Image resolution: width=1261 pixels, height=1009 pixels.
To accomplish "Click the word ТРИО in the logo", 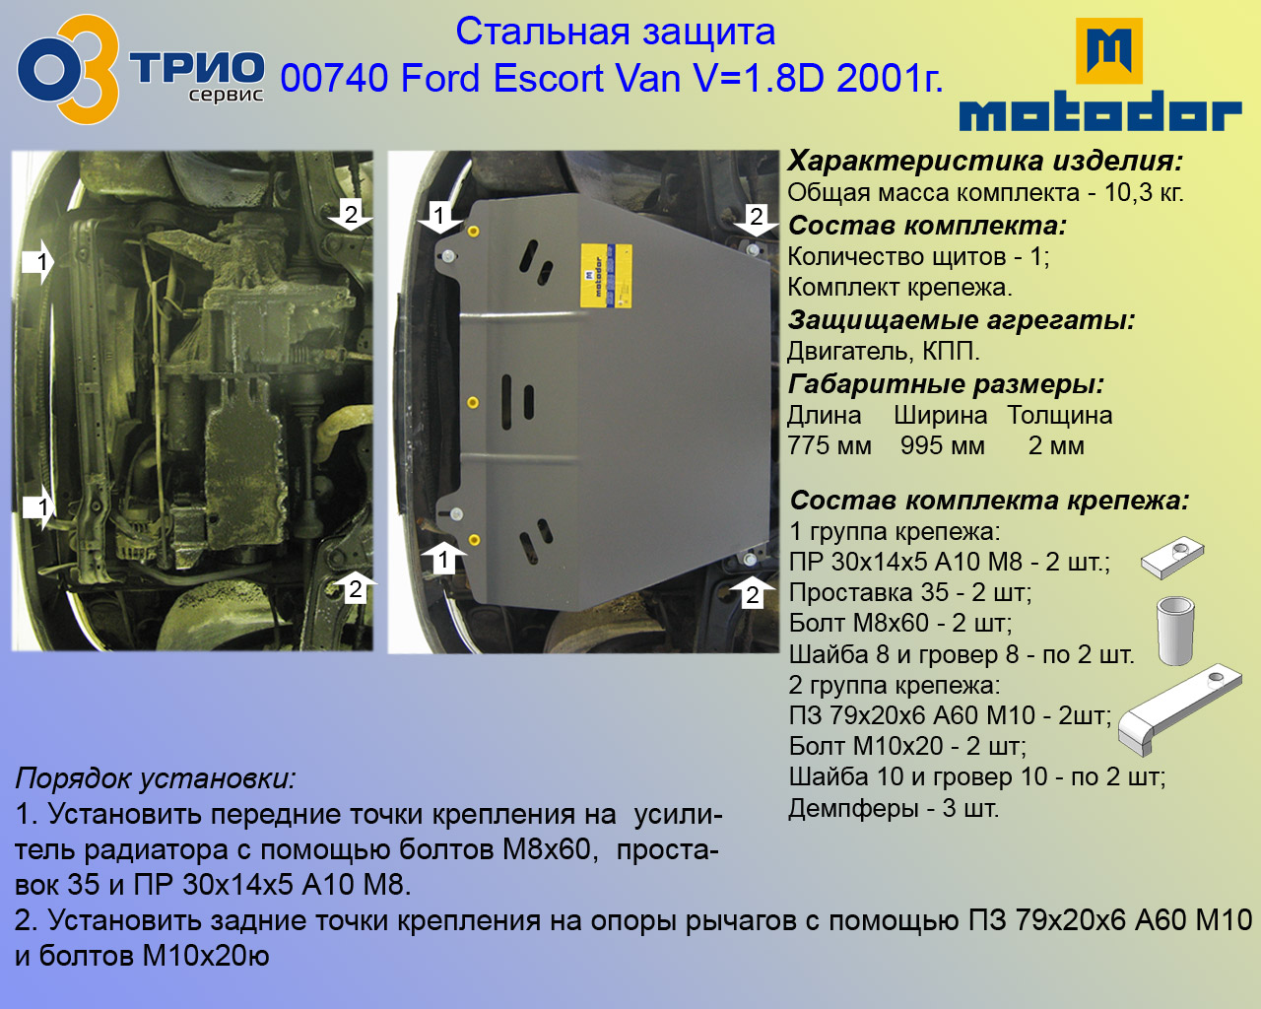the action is tap(197, 69).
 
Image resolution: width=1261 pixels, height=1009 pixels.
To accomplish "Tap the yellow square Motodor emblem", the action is tap(1109, 51).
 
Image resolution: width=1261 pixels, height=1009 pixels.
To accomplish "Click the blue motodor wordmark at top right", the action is tap(1099, 110).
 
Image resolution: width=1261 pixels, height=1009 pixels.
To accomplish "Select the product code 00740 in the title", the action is tap(334, 78).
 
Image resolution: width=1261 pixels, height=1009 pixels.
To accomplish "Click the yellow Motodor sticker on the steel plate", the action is tap(605, 276).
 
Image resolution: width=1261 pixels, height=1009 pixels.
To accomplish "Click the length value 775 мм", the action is tap(830, 445).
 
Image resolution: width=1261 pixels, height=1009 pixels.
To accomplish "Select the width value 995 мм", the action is tap(942, 445).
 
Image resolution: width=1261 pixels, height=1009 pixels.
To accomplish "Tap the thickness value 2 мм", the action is tap(1056, 445).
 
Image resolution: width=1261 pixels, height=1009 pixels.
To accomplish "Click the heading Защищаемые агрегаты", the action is tap(961, 320).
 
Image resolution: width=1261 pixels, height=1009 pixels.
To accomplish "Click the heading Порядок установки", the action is tap(156, 779).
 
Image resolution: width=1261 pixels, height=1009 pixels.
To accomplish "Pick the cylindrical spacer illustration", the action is tap(1175, 631).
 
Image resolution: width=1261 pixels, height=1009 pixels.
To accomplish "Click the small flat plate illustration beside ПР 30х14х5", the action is tap(1172, 557).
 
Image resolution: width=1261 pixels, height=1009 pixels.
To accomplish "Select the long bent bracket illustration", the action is tap(1178, 709).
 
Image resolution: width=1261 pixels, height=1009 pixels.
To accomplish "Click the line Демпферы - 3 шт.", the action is tap(894, 809).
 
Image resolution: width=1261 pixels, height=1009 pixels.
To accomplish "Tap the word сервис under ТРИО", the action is tap(227, 95).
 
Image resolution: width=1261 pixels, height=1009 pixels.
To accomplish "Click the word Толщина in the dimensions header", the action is tap(1059, 415).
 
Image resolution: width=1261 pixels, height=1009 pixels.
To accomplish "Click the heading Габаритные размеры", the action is tap(946, 384).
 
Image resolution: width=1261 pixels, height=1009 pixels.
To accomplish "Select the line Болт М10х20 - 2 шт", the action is tap(907, 746).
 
